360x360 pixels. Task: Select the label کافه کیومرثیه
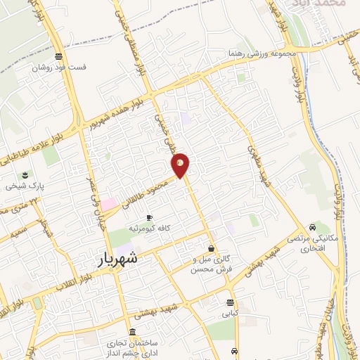click(148, 229)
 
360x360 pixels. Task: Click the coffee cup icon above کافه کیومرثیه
click(148, 217)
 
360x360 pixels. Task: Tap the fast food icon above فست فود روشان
click(61, 57)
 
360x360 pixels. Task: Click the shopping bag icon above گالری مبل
click(211, 247)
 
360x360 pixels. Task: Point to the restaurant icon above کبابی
click(231, 302)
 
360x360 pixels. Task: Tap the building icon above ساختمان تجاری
click(134, 331)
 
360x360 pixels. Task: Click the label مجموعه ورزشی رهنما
click(259, 53)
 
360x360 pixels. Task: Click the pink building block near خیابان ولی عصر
click(110, 203)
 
